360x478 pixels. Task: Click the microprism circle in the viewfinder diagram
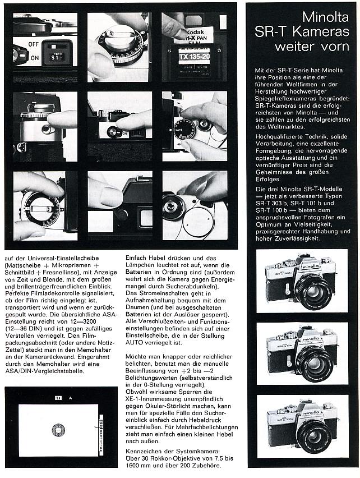(58, 430)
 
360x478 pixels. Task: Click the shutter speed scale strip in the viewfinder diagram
(100, 430)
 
